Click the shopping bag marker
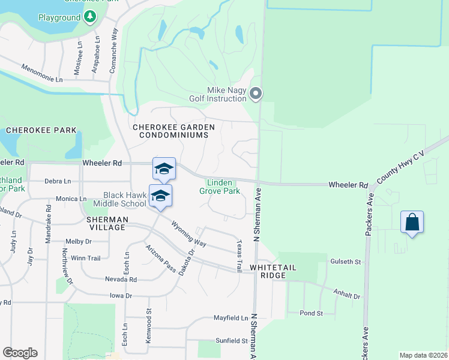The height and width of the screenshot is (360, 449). tap(412, 222)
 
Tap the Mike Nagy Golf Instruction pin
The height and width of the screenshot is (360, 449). tap(256, 93)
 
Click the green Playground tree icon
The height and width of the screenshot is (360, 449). tap(89, 17)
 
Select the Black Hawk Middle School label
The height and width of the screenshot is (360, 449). tap(125, 199)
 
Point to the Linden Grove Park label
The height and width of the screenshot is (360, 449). tap(220, 187)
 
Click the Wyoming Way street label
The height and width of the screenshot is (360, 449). tap(188, 234)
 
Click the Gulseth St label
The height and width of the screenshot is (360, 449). tap(345, 262)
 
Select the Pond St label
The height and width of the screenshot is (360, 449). tap(311, 313)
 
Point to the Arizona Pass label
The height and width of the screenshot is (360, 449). tap(160, 259)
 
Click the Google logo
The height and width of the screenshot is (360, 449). tap(20, 353)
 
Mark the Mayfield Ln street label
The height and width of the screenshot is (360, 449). tap(231, 317)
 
